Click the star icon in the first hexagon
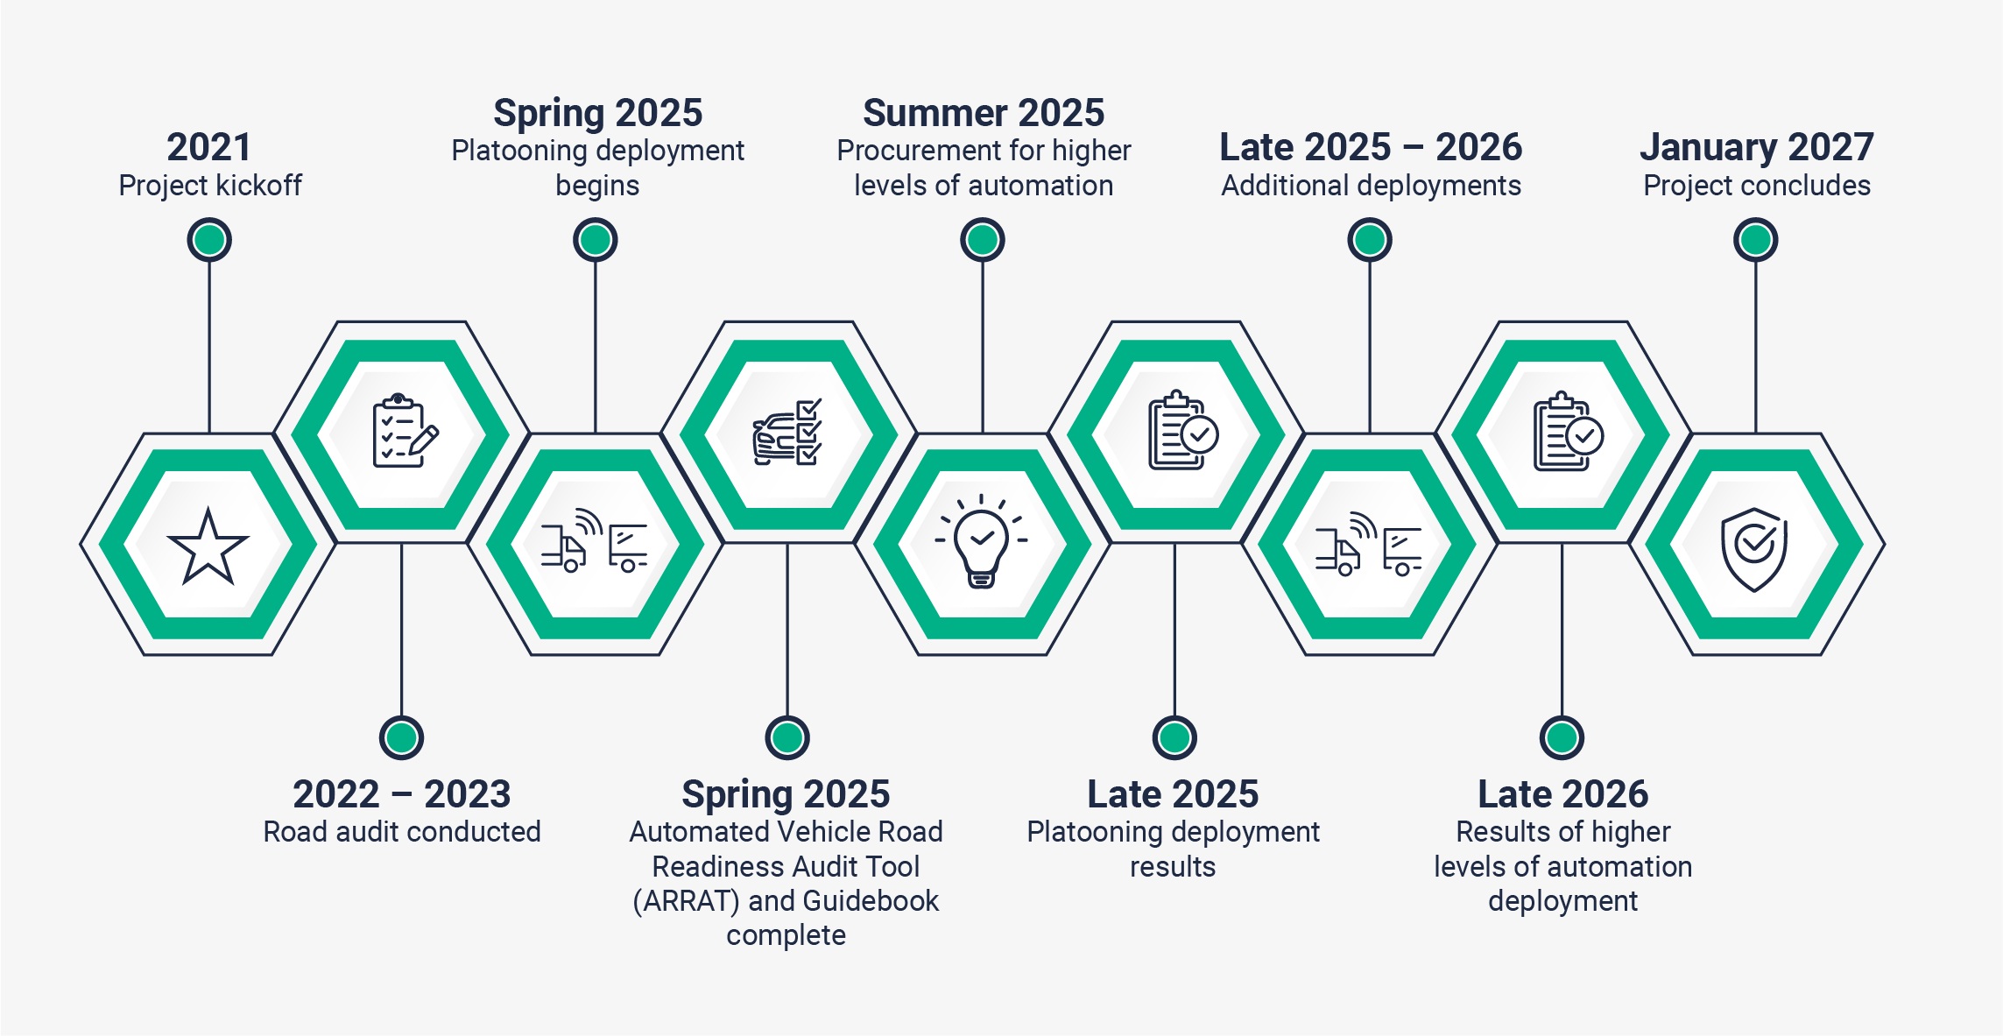pyautogui.click(x=208, y=546)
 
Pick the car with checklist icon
pyautogui.click(x=786, y=432)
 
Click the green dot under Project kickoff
pyautogui.click(x=209, y=240)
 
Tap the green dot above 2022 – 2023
pyautogui.click(x=401, y=737)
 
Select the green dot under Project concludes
pyautogui.click(x=1755, y=240)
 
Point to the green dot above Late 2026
pyautogui.click(x=1562, y=737)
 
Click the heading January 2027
pyautogui.click(x=1757, y=147)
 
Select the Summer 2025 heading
pyautogui.click(x=984, y=113)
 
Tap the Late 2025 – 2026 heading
pyautogui.click(x=1371, y=147)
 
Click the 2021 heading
pyautogui.click(x=209, y=147)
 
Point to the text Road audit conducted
pyautogui.click(x=402, y=831)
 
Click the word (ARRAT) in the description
pyautogui.click(x=687, y=901)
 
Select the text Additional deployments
pyautogui.click(x=1371, y=186)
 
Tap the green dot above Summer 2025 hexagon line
pyautogui.click(x=983, y=240)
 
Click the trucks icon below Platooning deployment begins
pyautogui.click(x=595, y=541)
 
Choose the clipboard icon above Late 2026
pyautogui.click(x=1568, y=432)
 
